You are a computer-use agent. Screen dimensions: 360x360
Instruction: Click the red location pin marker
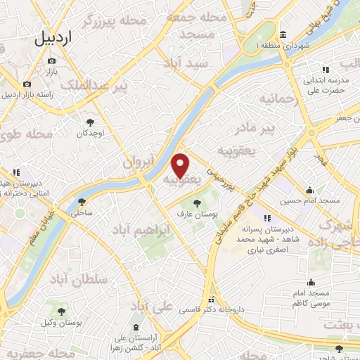(x=181, y=165)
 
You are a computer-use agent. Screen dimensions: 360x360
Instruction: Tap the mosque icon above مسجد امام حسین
(x=309, y=190)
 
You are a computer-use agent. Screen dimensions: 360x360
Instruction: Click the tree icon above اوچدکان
(x=89, y=122)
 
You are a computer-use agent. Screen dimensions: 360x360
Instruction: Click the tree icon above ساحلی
(x=84, y=200)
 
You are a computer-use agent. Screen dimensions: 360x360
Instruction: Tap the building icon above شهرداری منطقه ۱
(x=282, y=35)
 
